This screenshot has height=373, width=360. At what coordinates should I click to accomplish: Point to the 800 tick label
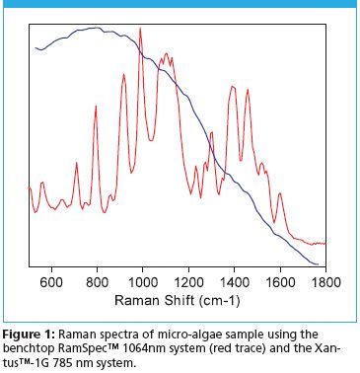coord(98,280)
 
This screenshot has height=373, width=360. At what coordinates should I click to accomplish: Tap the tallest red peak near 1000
coord(140,29)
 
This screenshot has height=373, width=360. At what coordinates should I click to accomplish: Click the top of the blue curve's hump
coord(94,28)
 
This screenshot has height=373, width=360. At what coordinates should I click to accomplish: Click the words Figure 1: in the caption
coord(34,325)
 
